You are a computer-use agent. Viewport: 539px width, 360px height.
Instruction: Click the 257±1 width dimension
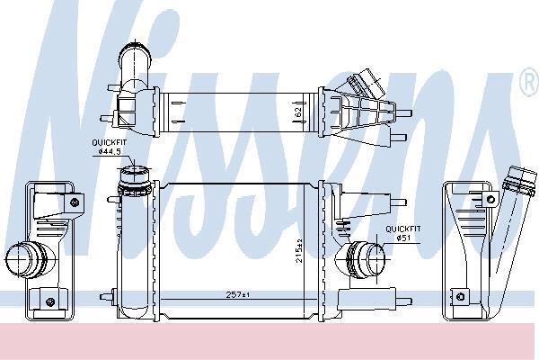[x=238, y=295]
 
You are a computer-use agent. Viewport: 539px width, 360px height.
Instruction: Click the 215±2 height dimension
[x=299, y=251]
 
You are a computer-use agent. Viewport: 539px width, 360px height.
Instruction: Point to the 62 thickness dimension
[x=298, y=112]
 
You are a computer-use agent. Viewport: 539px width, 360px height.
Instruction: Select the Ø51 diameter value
[x=403, y=238]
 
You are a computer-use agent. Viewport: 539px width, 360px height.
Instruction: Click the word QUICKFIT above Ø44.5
[x=110, y=142]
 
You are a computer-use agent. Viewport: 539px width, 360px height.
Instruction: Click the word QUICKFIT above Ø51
[x=403, y=229]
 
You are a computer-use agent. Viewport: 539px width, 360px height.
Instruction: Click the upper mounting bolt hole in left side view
[x=75, y=202]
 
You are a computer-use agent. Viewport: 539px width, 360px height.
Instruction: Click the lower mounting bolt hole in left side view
[x=50, y=301]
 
